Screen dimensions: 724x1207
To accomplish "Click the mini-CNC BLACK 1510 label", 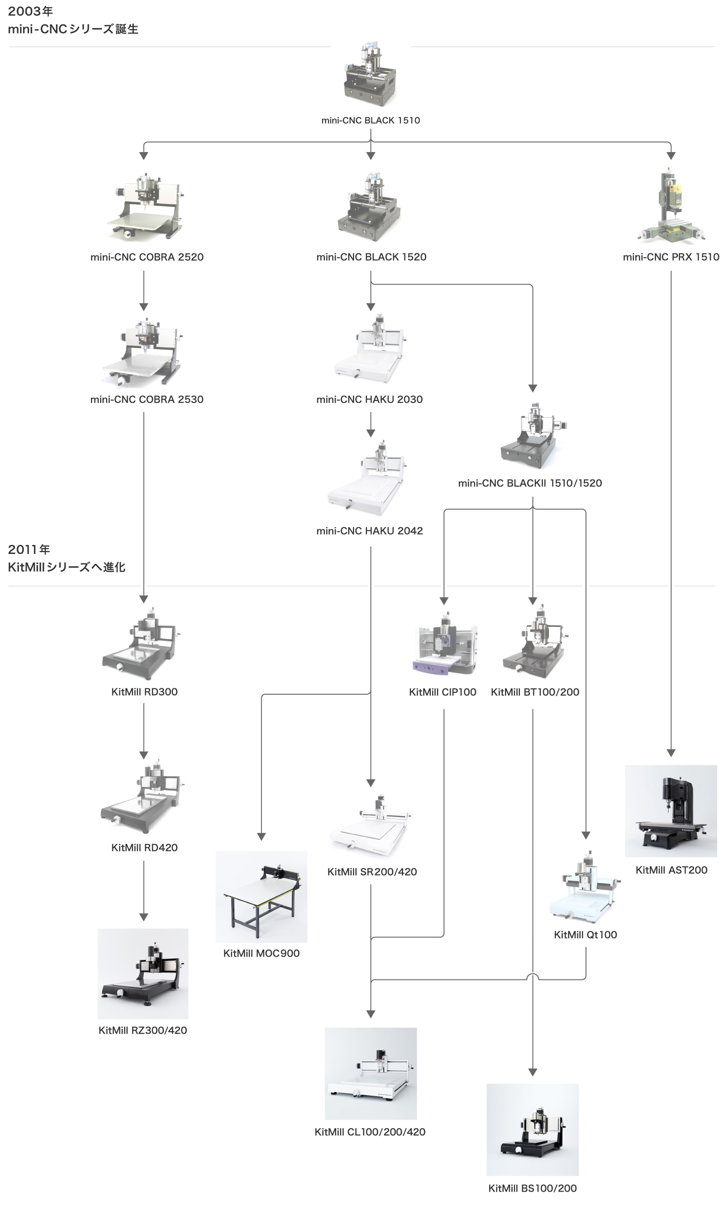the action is (x=370, y=120).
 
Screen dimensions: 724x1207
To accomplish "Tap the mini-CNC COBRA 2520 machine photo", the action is (x=145, y=206).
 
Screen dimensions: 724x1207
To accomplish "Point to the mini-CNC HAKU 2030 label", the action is (x=369, y=400).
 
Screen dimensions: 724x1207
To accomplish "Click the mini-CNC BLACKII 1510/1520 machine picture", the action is (x=533, y=435).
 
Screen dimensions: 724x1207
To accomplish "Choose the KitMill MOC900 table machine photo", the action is (x=262, y=897).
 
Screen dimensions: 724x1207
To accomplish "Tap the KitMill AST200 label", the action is (x=672, y=870).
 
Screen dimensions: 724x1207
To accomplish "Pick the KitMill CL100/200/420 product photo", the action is (x=371, y=1074).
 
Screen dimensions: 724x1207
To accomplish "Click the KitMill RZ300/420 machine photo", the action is (x=143, y=974).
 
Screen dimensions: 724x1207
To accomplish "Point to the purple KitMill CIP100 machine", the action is (x=444, y=644).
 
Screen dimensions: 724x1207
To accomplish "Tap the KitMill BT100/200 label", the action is (x=535, y=692).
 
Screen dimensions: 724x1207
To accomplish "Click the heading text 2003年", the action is (x=30, y=11).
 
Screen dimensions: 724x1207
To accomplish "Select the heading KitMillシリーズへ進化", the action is (x=67, y=568).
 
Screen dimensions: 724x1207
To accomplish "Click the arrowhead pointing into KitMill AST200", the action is (x=672, y=753).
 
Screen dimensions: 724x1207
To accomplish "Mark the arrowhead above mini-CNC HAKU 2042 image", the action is (x=371, y=433).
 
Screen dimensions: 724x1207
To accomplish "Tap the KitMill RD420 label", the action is (x=144, y=848).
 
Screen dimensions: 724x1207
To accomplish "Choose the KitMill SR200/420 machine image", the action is (x=371, y=825).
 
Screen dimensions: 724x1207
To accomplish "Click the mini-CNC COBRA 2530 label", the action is (x=147, y=400).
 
